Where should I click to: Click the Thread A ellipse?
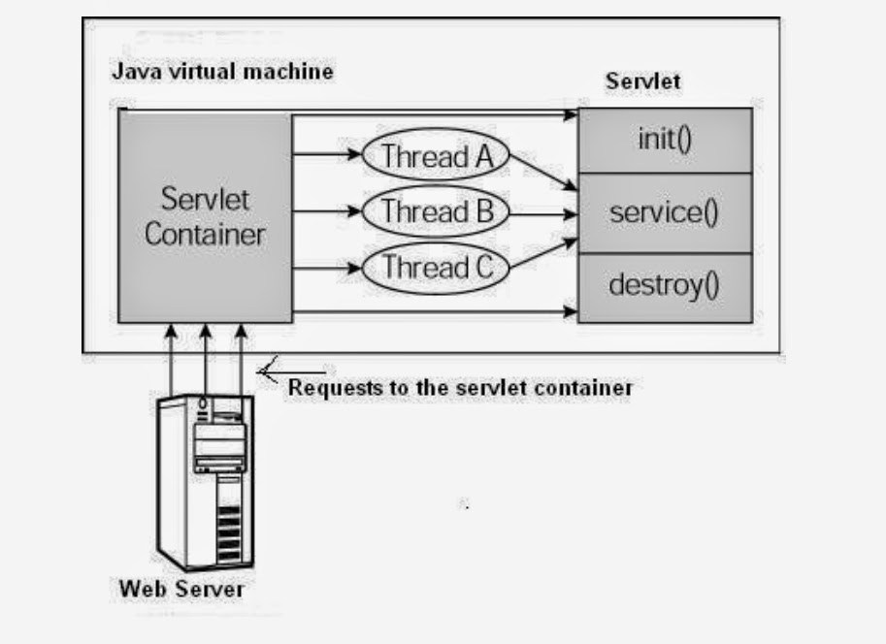click(x=436, y=155)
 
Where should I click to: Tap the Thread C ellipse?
click(x=436, y=266)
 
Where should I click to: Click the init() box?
click(x=665, y=141)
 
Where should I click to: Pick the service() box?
click(x=665, y=212)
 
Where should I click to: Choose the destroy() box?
click(x=665, y=286)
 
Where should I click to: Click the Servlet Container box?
click(x=205, y=216)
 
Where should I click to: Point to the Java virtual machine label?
click(x=222, y=72)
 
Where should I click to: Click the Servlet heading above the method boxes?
click(x=642, y=80)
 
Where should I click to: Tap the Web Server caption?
click(x=181, y=589)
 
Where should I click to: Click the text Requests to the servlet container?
click(x=460, y=388)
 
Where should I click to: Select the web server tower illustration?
click(x=206, y=480)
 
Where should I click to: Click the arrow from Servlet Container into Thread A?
click(x=327, y=153)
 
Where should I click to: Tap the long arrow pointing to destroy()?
click(x=437, y=311)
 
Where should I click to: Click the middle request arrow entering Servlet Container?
click(x=206, y=360)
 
